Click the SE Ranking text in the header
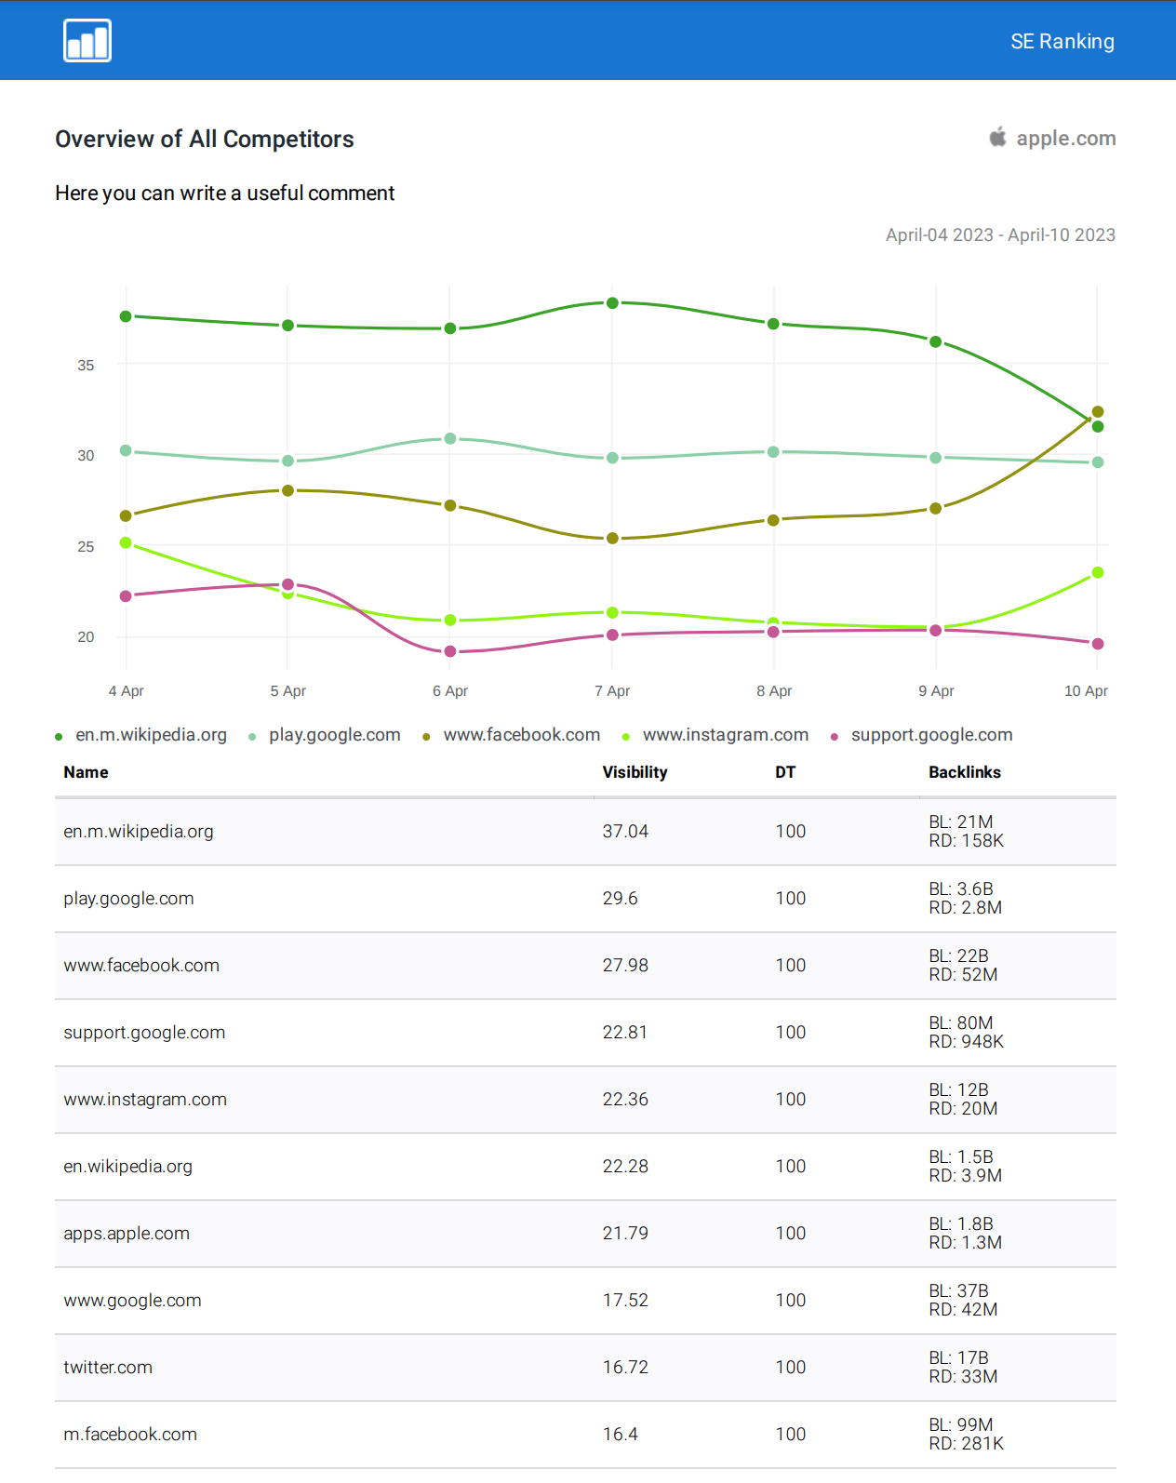point(1062,42)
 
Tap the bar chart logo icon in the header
point(87,41)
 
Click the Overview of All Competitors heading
point(205,140)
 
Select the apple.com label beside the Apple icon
point(1065,139)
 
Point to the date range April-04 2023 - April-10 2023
point(1000,235)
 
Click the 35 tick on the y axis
point(86,366)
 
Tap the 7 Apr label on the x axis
point(612,691)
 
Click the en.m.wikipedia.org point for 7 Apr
point(612,303)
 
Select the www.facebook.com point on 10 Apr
point(1098,412)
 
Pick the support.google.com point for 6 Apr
point(450,651)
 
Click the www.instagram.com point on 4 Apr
point(126,543)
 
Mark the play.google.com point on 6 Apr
point(450,438)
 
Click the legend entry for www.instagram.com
point(725,735)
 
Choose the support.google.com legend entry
point(931,735)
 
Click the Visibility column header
point(635,772)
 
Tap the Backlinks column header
point(965,772)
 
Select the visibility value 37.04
point(625,832)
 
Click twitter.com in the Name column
point(108,1368)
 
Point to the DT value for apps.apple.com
point(791,1234)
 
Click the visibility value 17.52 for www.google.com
point(625,1301)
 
